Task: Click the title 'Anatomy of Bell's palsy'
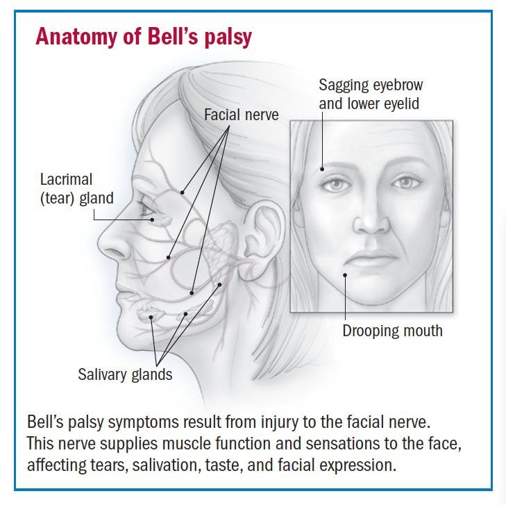pyautogui.click(x=144, y=37)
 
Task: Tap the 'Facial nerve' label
pyautogui.click(x=242, y=115)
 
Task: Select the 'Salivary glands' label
pyautogui.click(x=125, y=375)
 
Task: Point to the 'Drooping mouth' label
pyautogui.click(x=392, y=331)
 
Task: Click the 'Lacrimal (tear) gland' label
pyautogui.click(x=76, y=189)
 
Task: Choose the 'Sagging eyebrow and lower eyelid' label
pyautogui.click(x=371, y=94)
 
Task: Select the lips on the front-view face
pyautogui.click(x=371, y=258)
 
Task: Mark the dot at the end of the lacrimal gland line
pyautogui.click(x=152, y=220)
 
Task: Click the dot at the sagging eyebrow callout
pyautogui.click(x=322, y=169)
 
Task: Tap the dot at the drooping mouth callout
pyautogui.click(x=345, y=275)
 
